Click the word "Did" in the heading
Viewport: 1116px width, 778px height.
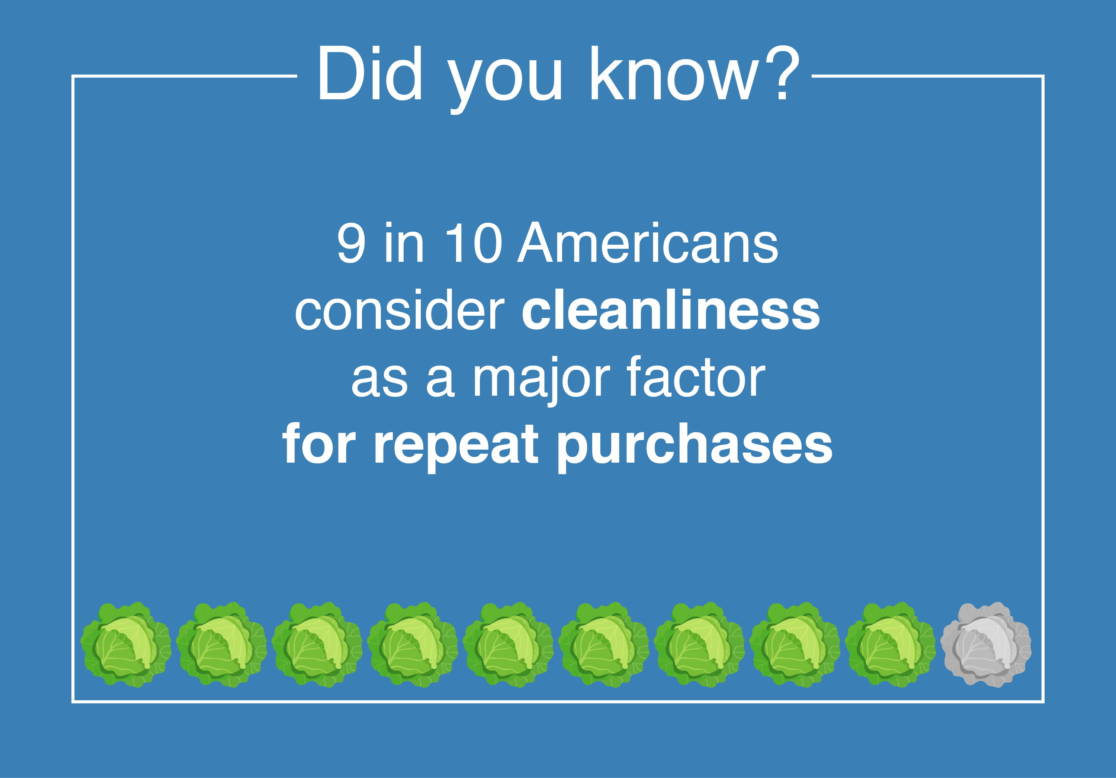(369, 74)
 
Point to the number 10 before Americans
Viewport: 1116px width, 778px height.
(473, 243)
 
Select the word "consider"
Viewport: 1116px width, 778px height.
(400, 311)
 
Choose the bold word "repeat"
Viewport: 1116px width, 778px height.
(456, 445)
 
